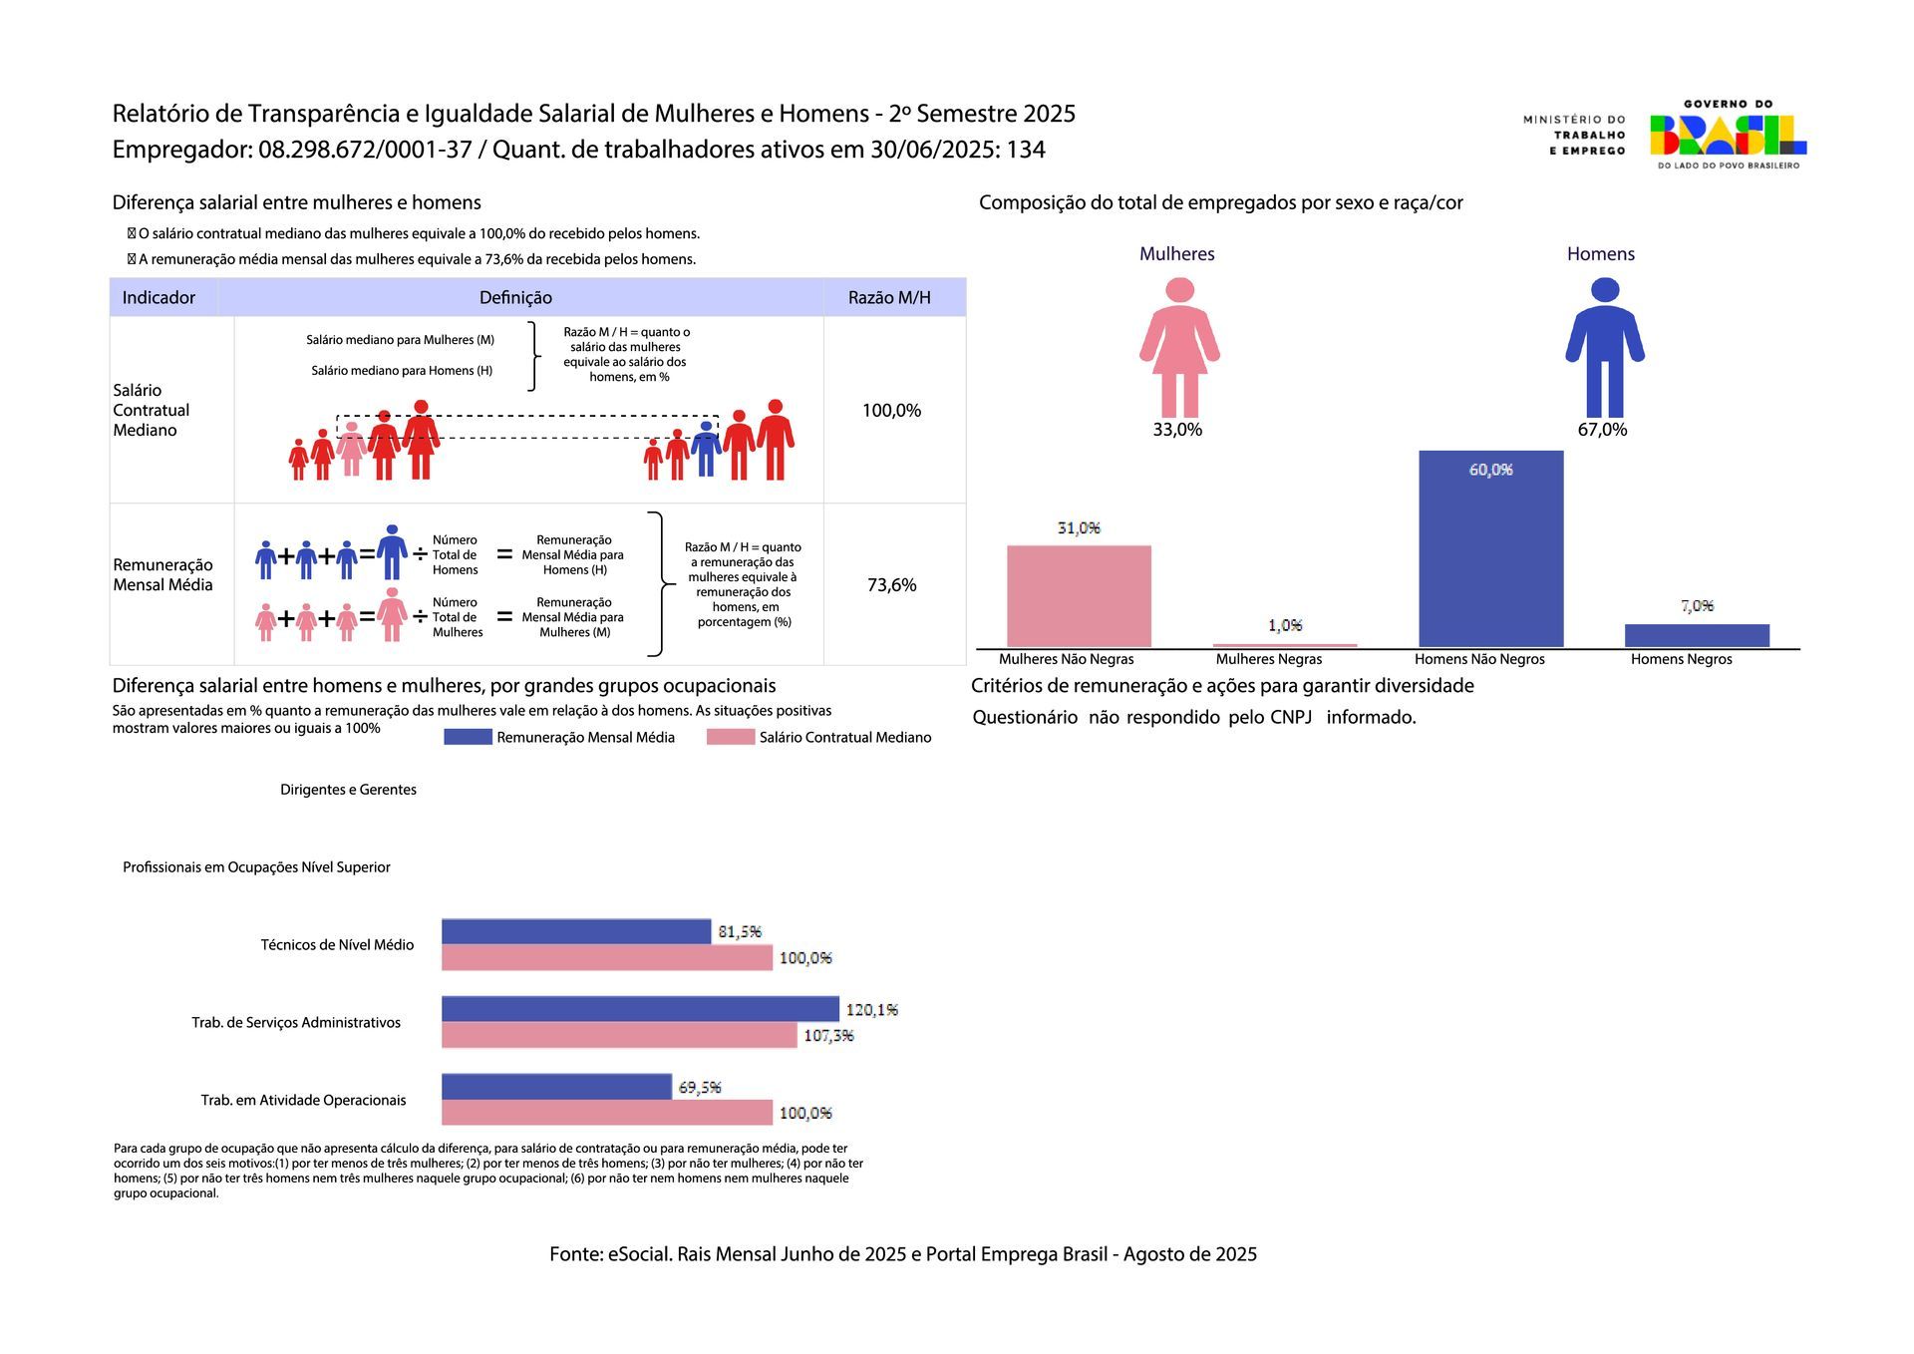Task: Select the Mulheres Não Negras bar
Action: pyautogui.click(x=1079, y=596)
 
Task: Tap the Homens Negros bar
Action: pyautogui.click(x=1697, y=635)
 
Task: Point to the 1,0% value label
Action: pyautogui.click(x=1285, y=625)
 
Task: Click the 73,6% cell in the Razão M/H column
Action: pyautogui.click(x=891, y=585)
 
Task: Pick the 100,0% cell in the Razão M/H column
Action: pyautogui.click(x=891, y=411)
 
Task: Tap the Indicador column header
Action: pyautogui.click(x=159, y=298)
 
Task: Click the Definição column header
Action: pyautogui.click(x=515, y=298)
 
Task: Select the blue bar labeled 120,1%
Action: pyautogui.click(x=640, y=1009)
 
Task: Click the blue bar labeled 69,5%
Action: pyautogui.click(x=556, y=1087)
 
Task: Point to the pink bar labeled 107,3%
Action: pyautogui.click(x=619, y=1036)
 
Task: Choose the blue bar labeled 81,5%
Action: pyautogui.click(x=576, y=931)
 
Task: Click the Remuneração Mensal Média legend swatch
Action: pyautogui.click(x=468, y=737)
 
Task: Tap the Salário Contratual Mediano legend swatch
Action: pyautogui.click(x=731, y=737)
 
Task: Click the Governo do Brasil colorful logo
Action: pyautogui.click(x=1728, y=135)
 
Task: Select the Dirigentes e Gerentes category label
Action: pyautogui.click(x=348, y=790)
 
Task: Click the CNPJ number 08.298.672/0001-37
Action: pyautogui.click(x=365, y=150)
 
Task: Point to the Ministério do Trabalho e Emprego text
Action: pyautogui.click(x=1574, y=135)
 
